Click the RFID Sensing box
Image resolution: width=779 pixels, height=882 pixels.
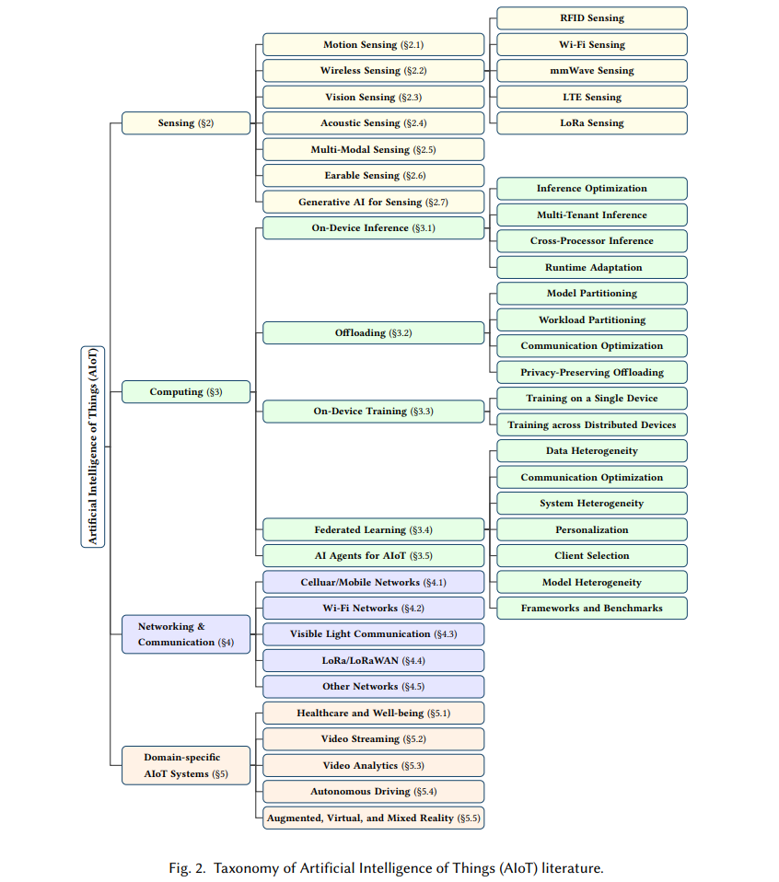(592, 18)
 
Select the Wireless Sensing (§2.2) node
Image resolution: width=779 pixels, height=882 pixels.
(374, 71)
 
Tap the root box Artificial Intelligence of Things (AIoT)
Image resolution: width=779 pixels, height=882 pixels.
(93, 447)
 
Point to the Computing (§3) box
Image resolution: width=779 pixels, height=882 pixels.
(186, 392)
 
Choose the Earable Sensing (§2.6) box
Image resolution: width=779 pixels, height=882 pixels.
(374, 176)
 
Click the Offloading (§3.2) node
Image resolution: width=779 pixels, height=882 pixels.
(374, 333)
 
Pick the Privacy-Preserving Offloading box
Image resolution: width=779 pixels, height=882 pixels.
(592, 372)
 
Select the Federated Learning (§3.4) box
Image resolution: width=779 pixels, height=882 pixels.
(374, 530)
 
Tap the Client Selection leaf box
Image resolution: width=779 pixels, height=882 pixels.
(592, 556)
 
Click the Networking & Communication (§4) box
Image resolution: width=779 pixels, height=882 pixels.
(186, 634)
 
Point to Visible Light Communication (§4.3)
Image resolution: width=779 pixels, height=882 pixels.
(374, 634)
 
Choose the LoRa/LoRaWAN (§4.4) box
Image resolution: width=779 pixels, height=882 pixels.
(374, 660)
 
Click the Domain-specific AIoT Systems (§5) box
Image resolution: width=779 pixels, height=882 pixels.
(186, 766)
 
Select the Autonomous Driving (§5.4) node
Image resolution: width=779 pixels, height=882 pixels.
(374, 792)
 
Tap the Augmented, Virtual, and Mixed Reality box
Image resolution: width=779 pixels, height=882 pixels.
(374, 818)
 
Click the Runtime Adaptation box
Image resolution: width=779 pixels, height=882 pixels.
(592, 268)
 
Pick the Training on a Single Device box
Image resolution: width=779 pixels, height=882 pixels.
(592, 399)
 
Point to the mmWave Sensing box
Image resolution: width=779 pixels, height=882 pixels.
(592, 71)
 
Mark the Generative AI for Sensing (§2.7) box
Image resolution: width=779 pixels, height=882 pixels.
(374, 202)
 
